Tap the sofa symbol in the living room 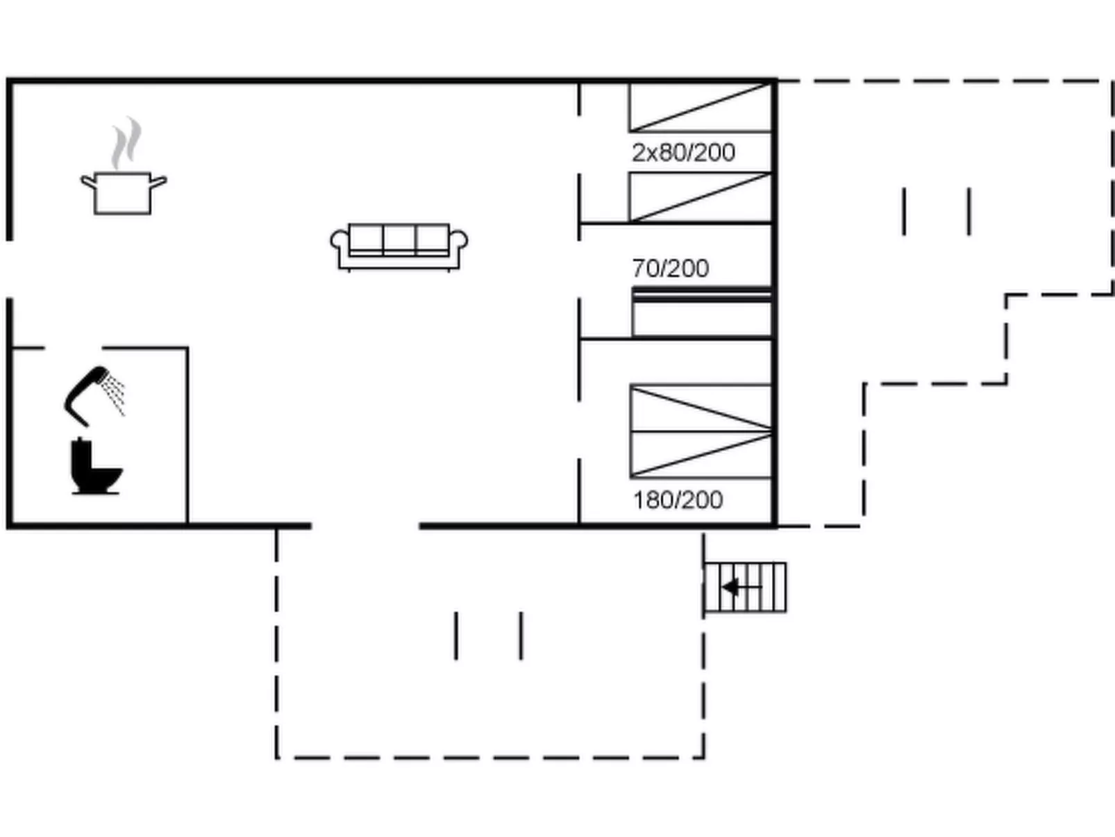(x=399, y=247)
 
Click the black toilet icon (x=95, y=466)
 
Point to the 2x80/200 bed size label (x=683, y=152)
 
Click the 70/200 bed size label (x=671, y=268)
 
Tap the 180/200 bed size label (x=678, y=500)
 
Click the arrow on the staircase (x=742, y=587)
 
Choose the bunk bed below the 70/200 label (x=702, y=313)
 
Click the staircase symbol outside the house (x=745, y=588)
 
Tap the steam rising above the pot (x=126, y=143)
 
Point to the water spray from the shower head (x=113, y=395)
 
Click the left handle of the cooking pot (x=88, y=181)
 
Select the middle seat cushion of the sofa (x=399, y=239)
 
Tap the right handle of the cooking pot (x=158, y=181)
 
